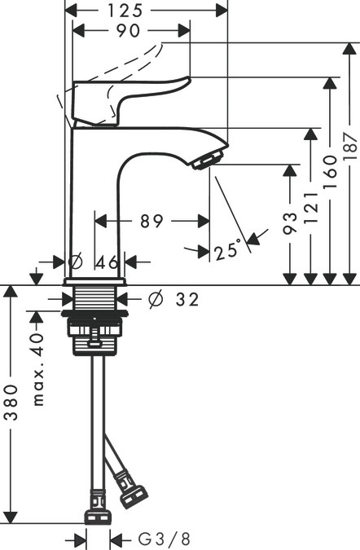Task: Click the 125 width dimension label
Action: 147,11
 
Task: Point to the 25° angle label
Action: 228,251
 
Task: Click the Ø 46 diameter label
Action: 96,262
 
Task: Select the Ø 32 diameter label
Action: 173,300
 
